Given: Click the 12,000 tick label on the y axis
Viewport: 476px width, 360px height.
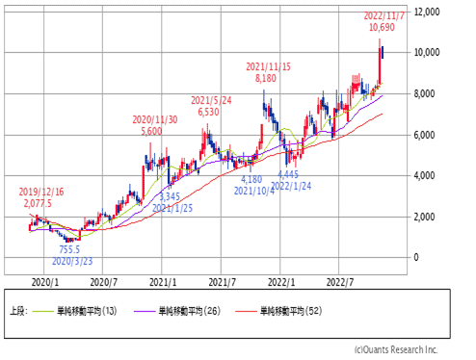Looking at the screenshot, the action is [427, 13].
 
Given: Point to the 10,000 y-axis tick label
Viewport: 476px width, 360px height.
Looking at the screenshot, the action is [427, 52].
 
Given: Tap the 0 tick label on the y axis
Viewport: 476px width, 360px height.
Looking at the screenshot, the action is [416, 257].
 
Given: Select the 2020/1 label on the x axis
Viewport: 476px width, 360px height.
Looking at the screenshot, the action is [45, 282].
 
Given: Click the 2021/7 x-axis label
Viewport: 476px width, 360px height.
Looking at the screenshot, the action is [223, 282].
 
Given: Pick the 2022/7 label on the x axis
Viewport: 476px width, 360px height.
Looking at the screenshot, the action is [340, 282].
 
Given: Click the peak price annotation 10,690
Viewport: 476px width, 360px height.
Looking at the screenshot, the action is [382, 27].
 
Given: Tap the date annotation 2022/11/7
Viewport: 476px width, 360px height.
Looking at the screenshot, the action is [383, 15].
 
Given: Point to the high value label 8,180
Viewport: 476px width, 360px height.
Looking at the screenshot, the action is [266, 78].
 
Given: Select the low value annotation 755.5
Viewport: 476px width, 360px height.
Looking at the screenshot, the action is [69, 249].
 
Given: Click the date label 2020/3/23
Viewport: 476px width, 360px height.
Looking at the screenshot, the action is [72, 261].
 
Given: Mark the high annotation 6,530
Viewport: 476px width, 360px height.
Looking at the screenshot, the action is [208, 112].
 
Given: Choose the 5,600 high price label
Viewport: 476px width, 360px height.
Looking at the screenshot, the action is [151, 131].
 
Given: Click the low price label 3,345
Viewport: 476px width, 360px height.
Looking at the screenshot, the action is [170, 196].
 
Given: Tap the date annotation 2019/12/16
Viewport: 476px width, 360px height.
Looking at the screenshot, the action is [41, 192].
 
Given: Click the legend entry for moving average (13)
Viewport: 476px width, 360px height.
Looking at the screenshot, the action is [87, 311].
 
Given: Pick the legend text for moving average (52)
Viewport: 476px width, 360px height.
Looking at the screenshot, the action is [291, 311].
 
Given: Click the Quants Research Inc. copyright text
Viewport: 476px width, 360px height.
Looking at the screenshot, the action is [396, 349].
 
